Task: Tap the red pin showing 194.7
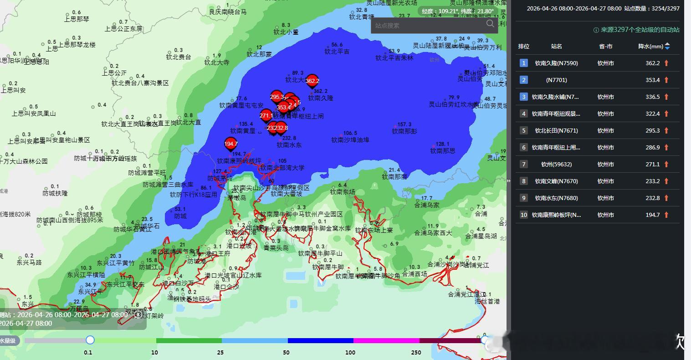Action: coord(231,144)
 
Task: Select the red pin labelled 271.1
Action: coord(266,116)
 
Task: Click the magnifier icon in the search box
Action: coord(490,24)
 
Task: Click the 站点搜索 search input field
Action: coord(428,26)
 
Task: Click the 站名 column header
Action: coord(556,46)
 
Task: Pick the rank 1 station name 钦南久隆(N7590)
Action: coord(556,63)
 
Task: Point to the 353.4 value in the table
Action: coord(652,80)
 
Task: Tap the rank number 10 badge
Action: coord(524,215)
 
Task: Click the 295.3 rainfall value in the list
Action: coord(652,130)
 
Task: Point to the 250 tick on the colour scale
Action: coord(415,352)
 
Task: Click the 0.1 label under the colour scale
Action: coord(88,352)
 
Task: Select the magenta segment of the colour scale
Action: coord(386,340)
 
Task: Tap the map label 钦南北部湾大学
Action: coord(282,168)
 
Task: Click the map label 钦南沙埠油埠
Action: coord(350,140)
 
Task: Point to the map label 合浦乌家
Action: coord(427,205)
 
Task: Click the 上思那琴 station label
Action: coord(77,19)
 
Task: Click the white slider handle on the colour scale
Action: coord(90,340)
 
